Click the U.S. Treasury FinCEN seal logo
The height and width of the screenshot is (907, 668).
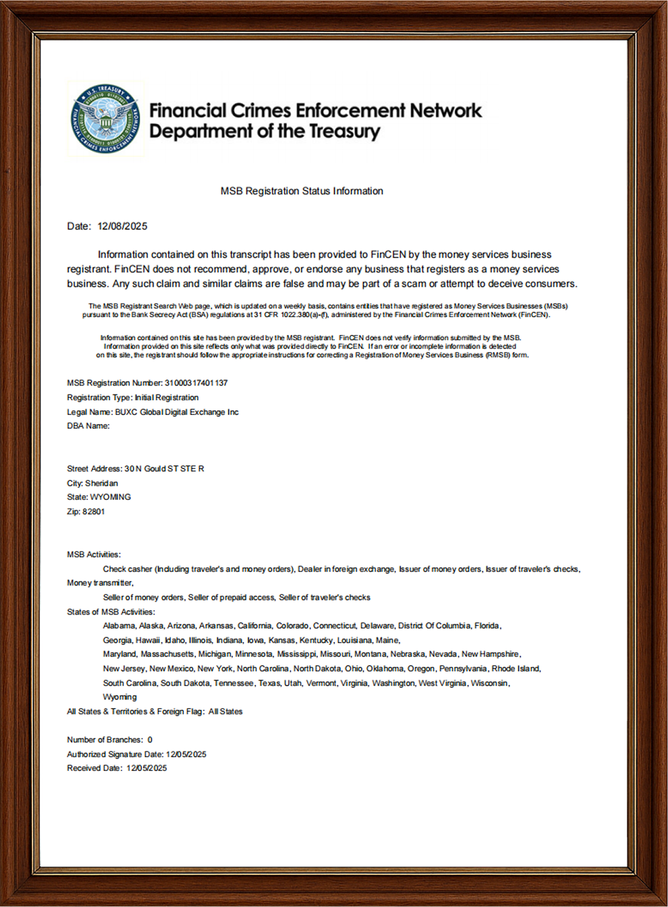pyautogui.click(x=106, y=119)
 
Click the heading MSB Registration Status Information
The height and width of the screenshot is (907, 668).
pyautogui.click(x=302, y=191)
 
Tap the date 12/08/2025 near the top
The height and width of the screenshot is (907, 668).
pyautogui.click(x=122, y=226)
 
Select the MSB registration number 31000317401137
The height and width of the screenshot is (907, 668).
pyautogui.click(x=196, y=383)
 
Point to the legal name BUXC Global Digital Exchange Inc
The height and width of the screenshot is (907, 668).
pyautogui.click(x=177, y=412)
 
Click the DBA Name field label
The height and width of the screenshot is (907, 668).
pyautogui.click(x=88, y=426)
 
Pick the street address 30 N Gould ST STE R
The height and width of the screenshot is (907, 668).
pyautogui.click(x=164, y=469)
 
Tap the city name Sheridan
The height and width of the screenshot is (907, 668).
pyautogui.click(x=101, y=484)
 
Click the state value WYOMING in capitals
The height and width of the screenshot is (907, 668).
pyautogui.click(x=110, y=497)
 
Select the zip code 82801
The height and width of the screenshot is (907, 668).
pyautogui.click(x=93, y=512)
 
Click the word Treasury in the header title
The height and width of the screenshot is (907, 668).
pyautogui.click(x=345, y=132)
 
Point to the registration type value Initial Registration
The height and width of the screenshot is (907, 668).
pyautogui.click(x=166, y=398)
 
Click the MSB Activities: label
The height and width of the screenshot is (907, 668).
pyautogui.click(x=93, y=555)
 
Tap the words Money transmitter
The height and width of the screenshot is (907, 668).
pyautogui.click(x=100, y=583)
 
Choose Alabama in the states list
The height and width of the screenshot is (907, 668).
pyautogui.click(x=118, y=626)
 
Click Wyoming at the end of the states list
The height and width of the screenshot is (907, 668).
pyautogui.click(x=120, y=698)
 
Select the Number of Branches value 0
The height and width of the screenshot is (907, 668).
pyautogui.click(x=150, y=740)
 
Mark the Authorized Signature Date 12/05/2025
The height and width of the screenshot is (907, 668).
pyautogui.click(x=186, y=755)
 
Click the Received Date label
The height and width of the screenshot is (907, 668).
pyautogui.click(x=94, y=769)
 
